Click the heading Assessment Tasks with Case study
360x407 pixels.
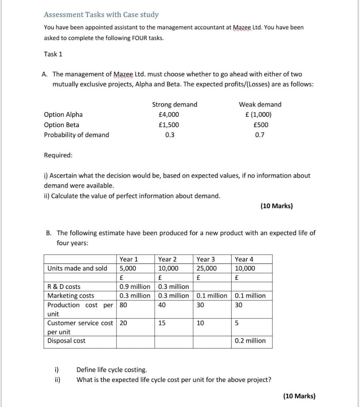(101, 15)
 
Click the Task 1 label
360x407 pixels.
(53, 54)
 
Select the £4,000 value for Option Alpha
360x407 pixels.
(169, 114)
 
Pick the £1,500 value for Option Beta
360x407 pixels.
(169, 125)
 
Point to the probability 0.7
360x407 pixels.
(260, 135)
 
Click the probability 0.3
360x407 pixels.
(169, 135)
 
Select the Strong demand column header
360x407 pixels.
(174, 105)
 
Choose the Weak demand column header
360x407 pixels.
(260, 105)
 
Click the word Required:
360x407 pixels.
(58, 155)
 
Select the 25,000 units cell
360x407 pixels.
(207, 268)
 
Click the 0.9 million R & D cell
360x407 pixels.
(135, 287)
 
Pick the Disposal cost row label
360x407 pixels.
(66, 341)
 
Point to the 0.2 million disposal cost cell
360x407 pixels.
(250, 341)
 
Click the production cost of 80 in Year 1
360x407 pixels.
(123, 305)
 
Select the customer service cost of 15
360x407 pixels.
(162, 323)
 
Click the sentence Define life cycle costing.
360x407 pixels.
(111, 370)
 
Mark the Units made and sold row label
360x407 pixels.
(77, 268)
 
